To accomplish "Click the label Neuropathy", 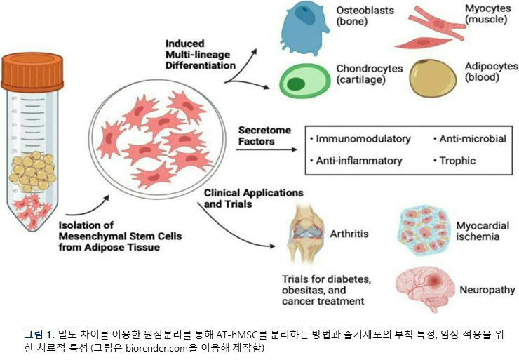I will tap(487, 290).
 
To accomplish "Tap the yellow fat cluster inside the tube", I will tap(33, 172).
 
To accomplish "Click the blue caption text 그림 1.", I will tap(39, 335).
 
